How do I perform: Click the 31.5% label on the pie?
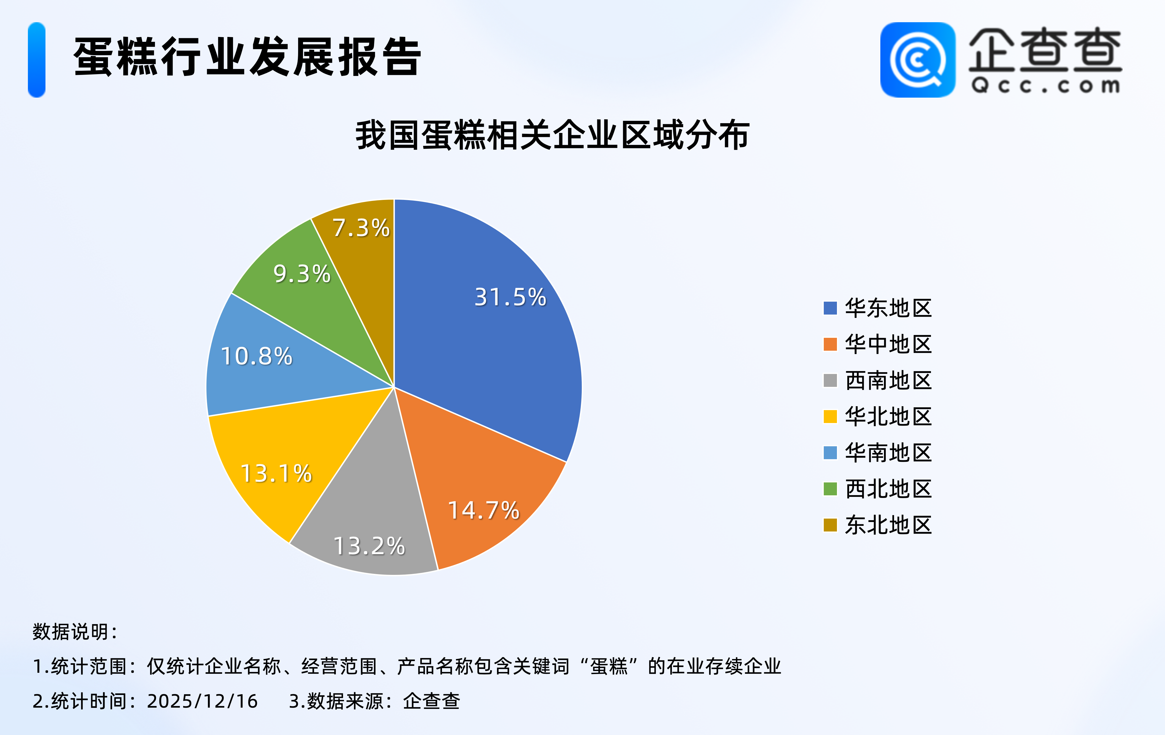(x=510, y=297)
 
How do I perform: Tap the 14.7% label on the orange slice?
(x=484, y=510)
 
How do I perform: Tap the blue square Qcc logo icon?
(x=918, y=60)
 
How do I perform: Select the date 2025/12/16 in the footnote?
(x=202, y=701)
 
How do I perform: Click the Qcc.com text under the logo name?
(x=1045, y=85)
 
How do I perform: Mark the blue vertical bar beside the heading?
(x=37, y=60)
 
